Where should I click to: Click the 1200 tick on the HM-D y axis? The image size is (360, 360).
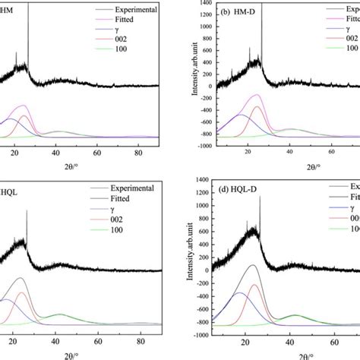(207, 16)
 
